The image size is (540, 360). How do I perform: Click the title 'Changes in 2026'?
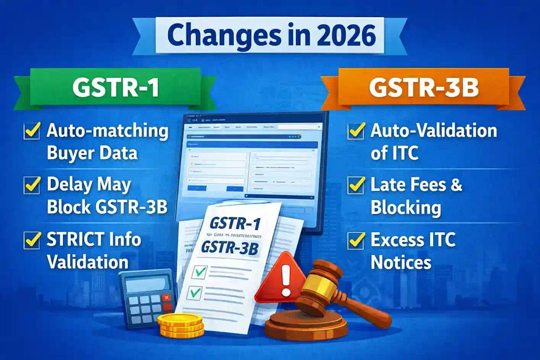(269, 36)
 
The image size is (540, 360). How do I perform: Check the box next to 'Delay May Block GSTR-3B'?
(31, 186)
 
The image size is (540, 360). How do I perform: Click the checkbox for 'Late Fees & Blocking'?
(356, 186)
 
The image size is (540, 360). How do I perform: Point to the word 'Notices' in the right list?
(401, 262)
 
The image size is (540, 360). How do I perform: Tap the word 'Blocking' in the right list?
(406, 207)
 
